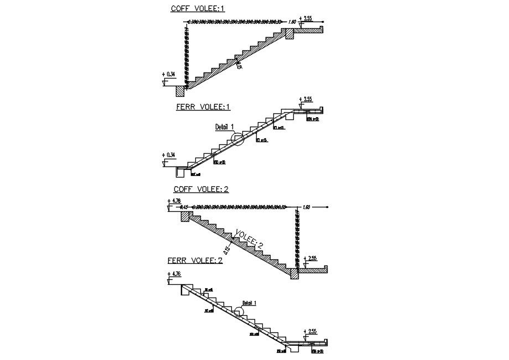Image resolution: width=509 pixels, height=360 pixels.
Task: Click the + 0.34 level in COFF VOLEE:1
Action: (168, 74)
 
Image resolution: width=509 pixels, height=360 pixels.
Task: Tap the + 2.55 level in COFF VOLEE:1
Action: (305, 18)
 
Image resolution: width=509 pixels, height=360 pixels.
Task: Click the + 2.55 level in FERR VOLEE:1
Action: (305, 100)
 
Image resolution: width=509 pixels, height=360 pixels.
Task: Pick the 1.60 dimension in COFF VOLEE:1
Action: (293, 22)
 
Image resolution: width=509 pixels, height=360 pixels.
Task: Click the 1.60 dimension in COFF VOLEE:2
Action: (307, 207)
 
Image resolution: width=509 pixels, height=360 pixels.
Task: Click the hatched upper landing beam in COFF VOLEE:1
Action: (289, 34)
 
